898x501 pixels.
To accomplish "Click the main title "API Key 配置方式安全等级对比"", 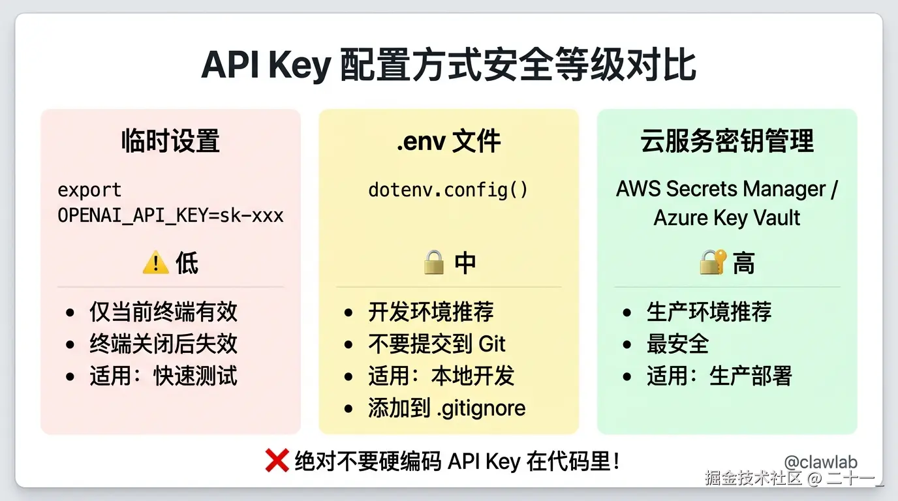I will point(448,65).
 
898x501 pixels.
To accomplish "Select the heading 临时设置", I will point(170,142).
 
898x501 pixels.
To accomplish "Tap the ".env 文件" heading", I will point(448,142).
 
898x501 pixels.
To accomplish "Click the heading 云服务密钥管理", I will point(727,142).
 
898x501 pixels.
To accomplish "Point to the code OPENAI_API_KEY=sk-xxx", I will point(170,215).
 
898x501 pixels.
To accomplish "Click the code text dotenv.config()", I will point(448,190).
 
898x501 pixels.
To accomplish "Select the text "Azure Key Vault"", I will point(727,217).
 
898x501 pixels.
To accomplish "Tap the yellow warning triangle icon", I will point(155,264).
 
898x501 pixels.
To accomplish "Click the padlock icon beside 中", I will point(433,264).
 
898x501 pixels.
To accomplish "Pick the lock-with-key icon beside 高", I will point(713,263).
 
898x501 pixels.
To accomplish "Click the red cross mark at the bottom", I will point(277,461).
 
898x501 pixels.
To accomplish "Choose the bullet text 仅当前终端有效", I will point(163,312).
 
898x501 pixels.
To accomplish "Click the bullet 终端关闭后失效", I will point(163,344).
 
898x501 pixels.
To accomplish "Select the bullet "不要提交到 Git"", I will point(437,344).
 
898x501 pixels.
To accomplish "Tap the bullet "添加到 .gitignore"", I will point(446,408).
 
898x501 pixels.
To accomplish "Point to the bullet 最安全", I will point(677,344).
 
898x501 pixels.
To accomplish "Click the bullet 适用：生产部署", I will point(719,376).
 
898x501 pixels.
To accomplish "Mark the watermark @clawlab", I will point(820,462).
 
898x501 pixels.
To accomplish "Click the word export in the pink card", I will point(89,190).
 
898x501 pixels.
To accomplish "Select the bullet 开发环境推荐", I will point(431,312).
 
